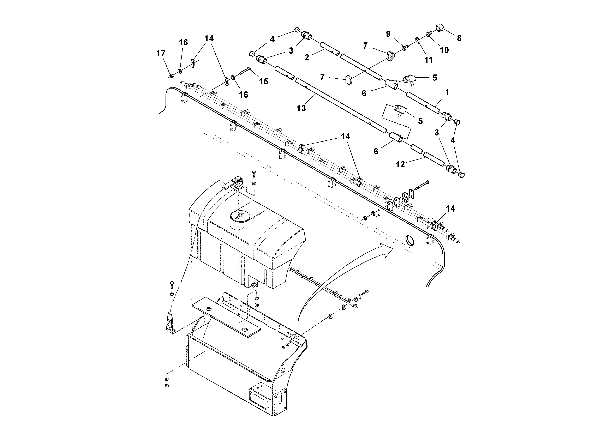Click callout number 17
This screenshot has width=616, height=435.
(x=161, y=53)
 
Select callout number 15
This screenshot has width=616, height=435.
(x=263, y=81)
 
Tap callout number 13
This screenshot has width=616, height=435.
(x=301, y=108)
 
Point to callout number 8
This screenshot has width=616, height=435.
(x=459, y=38)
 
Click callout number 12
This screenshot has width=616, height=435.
(x=400, y=164)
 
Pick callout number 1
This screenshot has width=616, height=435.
(x=447, y=92)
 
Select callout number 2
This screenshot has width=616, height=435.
(x=307, y=57)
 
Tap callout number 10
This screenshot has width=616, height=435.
(x=444, y=50)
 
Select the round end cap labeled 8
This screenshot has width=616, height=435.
(x=440, y=28)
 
